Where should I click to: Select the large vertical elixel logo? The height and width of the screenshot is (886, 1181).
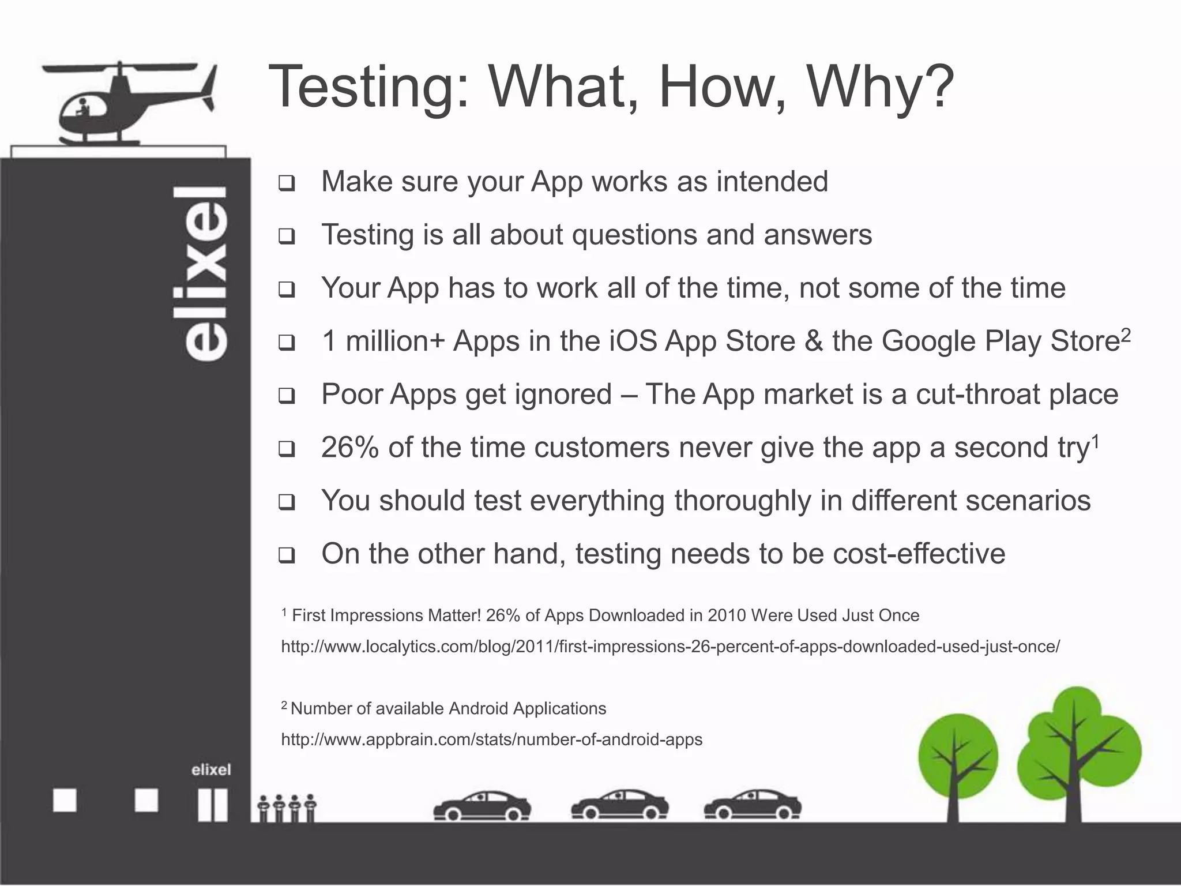[x=206, y=273]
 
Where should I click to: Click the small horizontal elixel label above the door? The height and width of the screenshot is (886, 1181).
[x=211, y=769]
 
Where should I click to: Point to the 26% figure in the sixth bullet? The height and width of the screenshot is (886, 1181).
[x=349, y=448]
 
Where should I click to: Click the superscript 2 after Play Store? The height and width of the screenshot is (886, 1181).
[x=1126, y=335]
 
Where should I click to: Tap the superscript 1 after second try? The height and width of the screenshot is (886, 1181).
[x=1096, y=441]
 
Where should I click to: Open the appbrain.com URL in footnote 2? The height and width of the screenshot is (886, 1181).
[x=491, y=739]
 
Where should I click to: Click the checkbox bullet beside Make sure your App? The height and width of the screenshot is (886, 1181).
[x=287, y=184]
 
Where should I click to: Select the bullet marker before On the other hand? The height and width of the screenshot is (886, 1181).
[x=287, y=556]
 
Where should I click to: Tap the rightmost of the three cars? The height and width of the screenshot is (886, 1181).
[x=753, y=805]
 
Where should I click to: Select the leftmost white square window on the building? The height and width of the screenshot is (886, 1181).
[x=65, y=801]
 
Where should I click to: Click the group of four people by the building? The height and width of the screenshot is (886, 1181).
[x=287, y=808]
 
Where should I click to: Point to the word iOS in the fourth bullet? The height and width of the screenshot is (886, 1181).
[x=633, y=341]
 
